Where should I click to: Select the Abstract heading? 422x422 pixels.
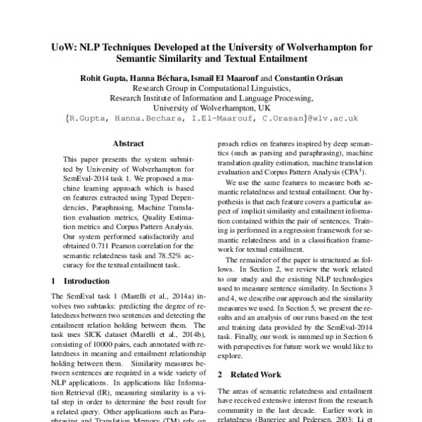pyautogui.click(x=128, y=142)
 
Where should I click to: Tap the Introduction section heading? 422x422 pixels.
pyautogui.click(x=81, y=281)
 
